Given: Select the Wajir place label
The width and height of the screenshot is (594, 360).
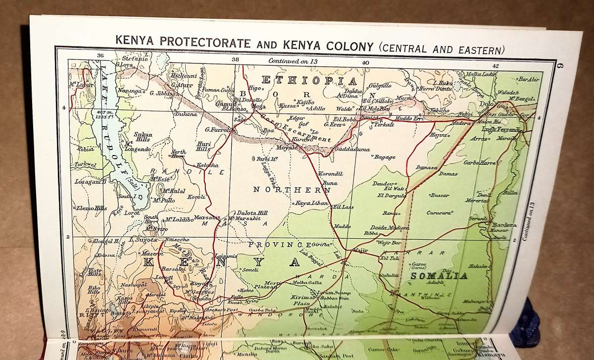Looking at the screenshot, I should [x=360, y=251].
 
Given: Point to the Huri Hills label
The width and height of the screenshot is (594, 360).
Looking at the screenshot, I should [x=203, y=146].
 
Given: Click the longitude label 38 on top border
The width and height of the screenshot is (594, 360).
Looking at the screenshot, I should [x=235, y=60].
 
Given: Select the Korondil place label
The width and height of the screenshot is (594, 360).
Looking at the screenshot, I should [x=330, y=174].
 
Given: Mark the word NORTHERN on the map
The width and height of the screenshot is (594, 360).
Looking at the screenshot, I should [x=292, y=190].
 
